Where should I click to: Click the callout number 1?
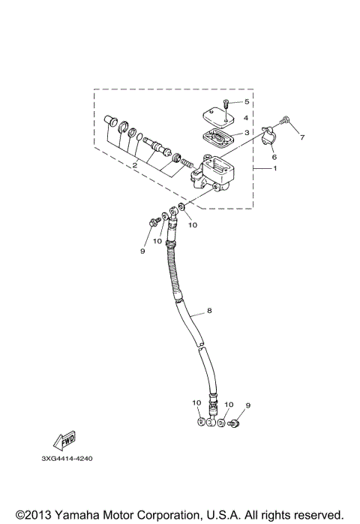pos(274,168)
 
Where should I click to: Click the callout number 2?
pos(134,165)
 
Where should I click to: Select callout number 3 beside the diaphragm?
pos(245,132)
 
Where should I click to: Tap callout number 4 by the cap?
pos(245,117)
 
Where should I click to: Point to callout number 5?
pos(245,101)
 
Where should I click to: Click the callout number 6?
pos(274,157)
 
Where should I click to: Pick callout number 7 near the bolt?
pos(302,137)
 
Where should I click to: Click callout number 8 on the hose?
pos(208,309)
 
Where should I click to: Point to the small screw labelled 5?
pos(227,103)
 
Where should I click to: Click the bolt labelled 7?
pos(286,120)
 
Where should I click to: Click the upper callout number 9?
pos(142,251)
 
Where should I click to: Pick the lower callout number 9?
pos(247,405)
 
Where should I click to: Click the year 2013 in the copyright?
pos(34,514)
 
